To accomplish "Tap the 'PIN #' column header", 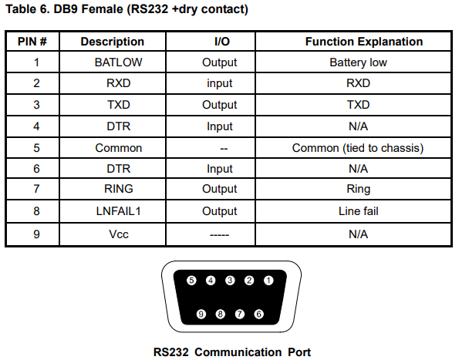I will point(32,42).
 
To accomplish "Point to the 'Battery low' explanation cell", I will point(359,62).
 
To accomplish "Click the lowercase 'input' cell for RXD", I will point(220,83).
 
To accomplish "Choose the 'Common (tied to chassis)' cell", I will point(359,147).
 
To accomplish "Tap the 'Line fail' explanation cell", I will point(359,210).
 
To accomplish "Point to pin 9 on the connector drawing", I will point(201,314).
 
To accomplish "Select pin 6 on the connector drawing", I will point(258,314).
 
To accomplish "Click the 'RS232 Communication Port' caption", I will point(231,352).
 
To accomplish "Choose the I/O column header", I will point(220,42).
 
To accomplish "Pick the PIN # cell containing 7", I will point(32,189).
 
